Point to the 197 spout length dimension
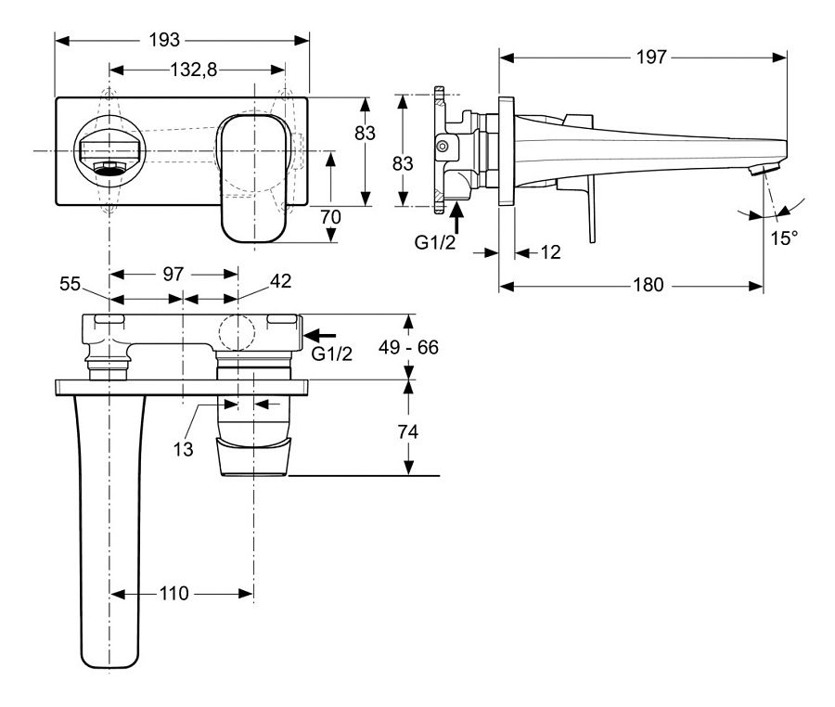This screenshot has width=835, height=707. pos(652,58)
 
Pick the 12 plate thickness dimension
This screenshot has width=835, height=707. pos(549,252)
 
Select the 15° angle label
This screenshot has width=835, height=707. pos(783,238)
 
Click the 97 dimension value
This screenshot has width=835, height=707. pos(173,275)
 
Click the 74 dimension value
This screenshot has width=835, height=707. pos(409,432)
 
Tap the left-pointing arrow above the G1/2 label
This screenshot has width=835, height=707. pos(321,335)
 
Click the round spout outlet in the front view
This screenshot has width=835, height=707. pos(110,150)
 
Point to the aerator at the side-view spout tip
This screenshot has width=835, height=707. pos(763,169)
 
